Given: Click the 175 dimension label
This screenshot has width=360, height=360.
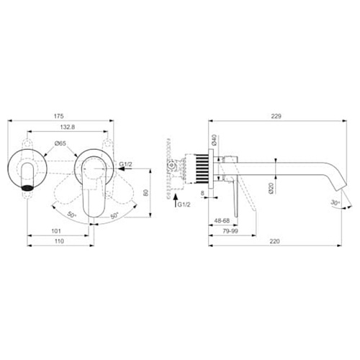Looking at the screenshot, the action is click(59, 116).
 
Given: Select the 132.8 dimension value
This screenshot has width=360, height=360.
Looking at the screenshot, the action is click(67, 127).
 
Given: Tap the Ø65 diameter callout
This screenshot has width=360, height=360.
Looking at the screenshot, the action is click(60, 143).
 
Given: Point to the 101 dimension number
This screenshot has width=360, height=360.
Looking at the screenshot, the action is click(56, 231).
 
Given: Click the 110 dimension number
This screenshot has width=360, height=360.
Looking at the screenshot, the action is click(59, 241).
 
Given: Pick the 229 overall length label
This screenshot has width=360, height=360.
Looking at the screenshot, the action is click(276, 116).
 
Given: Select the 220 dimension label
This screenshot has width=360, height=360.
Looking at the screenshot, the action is click(274, 241).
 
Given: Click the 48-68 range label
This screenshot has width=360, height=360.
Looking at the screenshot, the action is click(222, 220).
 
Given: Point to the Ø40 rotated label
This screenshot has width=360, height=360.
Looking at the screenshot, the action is click(215, 140).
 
